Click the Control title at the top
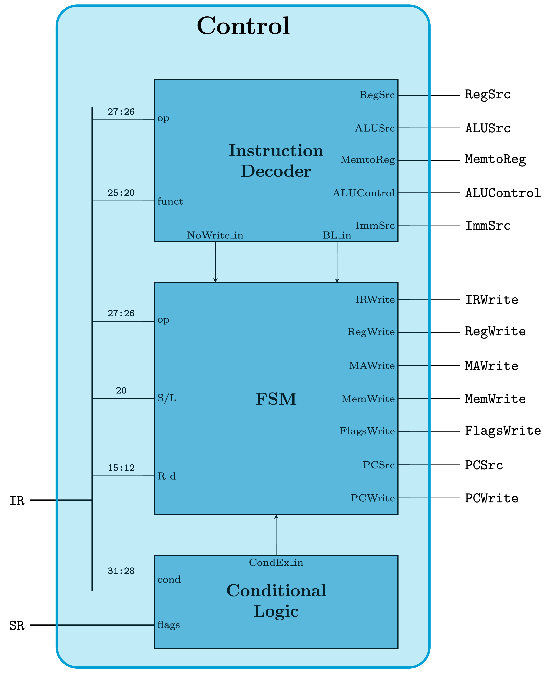click(x=243, y=26)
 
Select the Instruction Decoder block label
click(x=276, y=161)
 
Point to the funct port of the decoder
click(x=170, y=201)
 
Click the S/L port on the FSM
click(x=167, y=398)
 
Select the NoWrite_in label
click(x=215, y=235)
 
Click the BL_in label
click(x=337, y=235)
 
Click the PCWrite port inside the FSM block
click(x=373, y=498)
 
